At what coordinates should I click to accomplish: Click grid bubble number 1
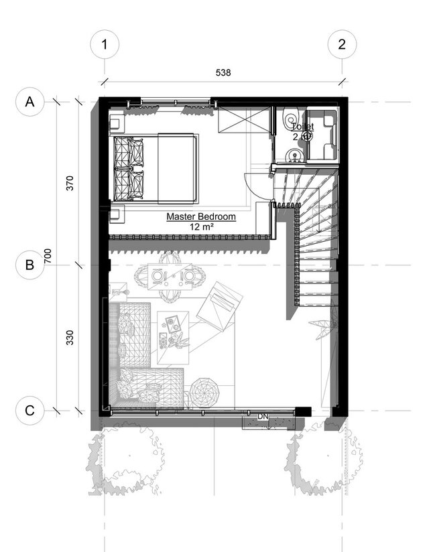(104, 45)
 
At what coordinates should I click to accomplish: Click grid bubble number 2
(342, 45)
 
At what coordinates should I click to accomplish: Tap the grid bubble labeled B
(29, 265)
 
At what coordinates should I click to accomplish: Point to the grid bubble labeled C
(29, 410)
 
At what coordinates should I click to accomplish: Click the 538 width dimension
(223, 72)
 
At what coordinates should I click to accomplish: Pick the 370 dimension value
(70, 184)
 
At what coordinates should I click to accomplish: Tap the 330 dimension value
(70, 337)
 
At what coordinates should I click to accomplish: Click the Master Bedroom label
(201, 217)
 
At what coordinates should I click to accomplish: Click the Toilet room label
(302, 125)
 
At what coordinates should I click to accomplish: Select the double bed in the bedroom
(156, 167)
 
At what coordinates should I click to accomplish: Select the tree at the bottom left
(127, 462)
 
